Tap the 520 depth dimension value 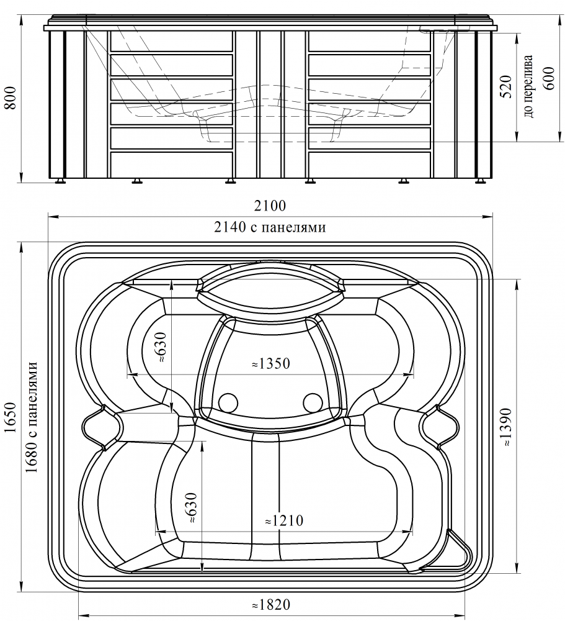click(507, 86)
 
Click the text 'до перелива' click(529, 85)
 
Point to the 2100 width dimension click(270, 206)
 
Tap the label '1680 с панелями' click(32, 417)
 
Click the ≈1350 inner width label click(271, 363)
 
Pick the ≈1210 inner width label click(284, 520)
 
